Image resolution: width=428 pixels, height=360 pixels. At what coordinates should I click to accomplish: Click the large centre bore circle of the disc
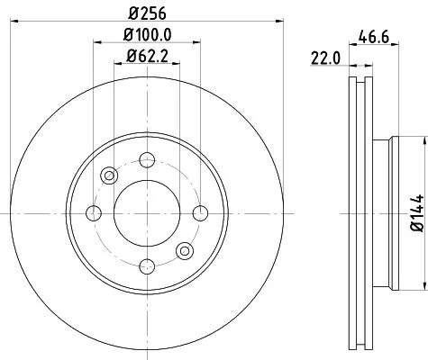145,212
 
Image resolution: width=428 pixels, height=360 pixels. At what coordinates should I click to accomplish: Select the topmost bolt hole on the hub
145,160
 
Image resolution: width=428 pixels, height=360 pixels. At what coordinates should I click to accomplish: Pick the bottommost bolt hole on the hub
145,265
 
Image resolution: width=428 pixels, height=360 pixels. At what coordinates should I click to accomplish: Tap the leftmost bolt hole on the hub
93,212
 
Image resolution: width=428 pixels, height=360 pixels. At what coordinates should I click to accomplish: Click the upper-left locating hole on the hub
108,175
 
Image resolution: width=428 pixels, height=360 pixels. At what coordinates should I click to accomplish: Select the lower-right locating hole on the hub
183,250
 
